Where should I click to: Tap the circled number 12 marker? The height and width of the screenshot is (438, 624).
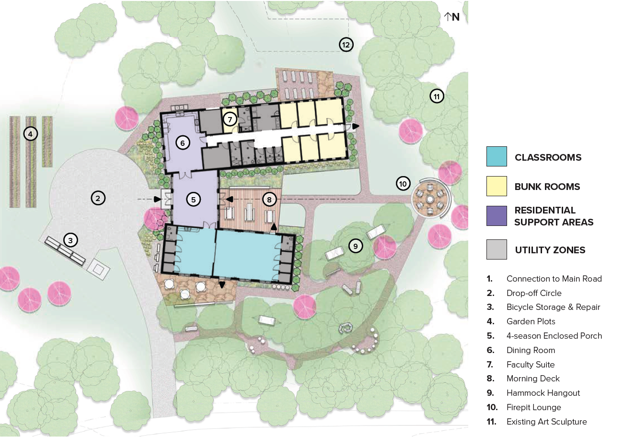(346, 45)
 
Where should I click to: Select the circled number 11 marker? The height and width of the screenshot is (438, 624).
(437, 96)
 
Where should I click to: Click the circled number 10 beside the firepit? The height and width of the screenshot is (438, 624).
(403, 183)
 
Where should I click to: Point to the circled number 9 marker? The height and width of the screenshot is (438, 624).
(355, 246)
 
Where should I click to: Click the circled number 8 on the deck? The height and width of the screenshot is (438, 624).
(269, 199)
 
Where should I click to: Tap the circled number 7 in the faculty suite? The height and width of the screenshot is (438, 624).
(230, 119)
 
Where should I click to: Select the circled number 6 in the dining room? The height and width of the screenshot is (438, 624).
(183, 142)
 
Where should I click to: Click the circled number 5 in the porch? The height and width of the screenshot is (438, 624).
(193, 199)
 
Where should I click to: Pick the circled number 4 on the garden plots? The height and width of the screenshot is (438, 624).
(30, 134)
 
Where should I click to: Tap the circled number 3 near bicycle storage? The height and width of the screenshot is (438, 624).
(70, 240)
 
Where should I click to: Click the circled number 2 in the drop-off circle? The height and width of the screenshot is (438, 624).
(98, 198)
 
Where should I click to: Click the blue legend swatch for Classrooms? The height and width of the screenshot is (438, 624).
(497, 157)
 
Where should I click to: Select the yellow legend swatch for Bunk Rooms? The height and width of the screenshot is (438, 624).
(497, 186)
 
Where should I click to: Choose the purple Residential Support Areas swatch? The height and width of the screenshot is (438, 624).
(497, 216)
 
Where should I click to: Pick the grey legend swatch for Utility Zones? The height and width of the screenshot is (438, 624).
(497, 249)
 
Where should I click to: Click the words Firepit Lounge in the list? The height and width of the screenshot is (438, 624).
(533, 407)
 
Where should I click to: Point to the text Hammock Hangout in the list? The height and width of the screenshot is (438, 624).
(543, 393)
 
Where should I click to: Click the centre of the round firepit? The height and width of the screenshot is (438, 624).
(430, 199)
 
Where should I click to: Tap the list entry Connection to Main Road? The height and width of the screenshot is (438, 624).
(554, 279)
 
